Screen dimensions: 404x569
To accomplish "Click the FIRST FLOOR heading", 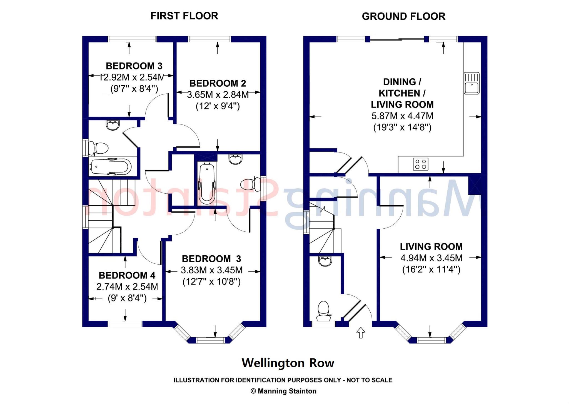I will pyautogui.click(x=184, y=16).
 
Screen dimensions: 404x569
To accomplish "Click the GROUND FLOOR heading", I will pyautogui.click(x=403, y=16).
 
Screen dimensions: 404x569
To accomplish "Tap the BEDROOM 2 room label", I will pyautogui.click(x=218, y=83).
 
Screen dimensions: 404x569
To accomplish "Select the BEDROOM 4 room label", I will pyautogui.click(x=127, y=275).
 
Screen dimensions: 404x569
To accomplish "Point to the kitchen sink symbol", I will pyautogui.click(x=471, y=83).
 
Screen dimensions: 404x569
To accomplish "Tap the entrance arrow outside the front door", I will pyautogui.click(x=361, y=333).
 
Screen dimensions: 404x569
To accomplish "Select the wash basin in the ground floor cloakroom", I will pyautogui.click(x=325, y=261).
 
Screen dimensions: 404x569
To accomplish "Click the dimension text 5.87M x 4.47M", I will pyautogui.click(x=402, y=116).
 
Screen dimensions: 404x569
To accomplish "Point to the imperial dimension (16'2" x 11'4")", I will pyautogui.click(x=431, y=270).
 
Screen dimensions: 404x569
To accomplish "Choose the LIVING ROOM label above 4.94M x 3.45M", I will pyautogui.click(x=431, y=247).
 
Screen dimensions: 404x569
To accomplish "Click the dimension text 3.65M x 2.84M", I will pyautogui.click(x=218, y=95).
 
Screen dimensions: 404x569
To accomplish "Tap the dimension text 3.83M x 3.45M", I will pyautogui.click(x=211, y=270).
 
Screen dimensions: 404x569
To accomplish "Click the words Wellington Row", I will pyautogui.click(x=288, y=363).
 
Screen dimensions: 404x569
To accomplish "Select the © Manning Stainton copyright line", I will pyautogui.click(x=284, y=391).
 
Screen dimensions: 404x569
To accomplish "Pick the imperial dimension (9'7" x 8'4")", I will pyautogui.click(x=134, y=89).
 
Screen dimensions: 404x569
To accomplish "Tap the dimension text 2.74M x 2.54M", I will pyautogui.click(x=127, y=286).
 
